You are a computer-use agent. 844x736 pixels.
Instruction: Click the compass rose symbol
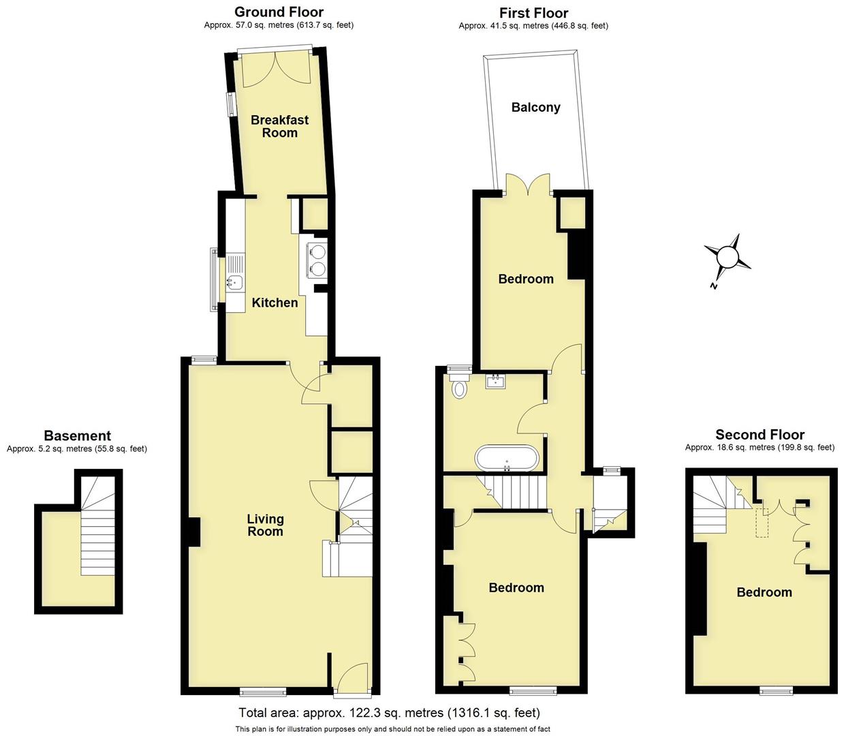click(x=728, y=258)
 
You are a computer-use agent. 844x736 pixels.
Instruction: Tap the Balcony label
click(x=535, y=107)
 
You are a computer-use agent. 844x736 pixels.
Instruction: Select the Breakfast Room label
click(x=279, y=126)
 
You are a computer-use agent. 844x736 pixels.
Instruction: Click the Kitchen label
click(x=275, y=303)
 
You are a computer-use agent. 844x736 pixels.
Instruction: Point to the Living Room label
click(x=265, y=525)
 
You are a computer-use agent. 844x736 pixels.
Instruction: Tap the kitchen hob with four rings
click(x=317, y=259)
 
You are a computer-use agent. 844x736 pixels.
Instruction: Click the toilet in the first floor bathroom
click(x=460, y=388)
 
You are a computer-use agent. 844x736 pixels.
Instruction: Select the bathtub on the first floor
click(x=507, y=457)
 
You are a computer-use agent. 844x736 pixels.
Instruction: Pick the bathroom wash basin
click(x=495, y=380)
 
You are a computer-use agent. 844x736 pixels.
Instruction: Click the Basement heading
click(x=77, y=435)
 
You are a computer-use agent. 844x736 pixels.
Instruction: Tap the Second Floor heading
click(x=760, y=434)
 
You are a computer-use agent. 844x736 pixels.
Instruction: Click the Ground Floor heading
click(x=279, y=12)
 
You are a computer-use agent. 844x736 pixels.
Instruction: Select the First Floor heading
click(x=533, y=13)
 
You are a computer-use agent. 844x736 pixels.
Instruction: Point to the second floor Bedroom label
click(x=764, y=592)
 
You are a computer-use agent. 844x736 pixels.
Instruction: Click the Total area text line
click(x=389, y=713)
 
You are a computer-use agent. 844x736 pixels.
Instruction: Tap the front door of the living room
click(x=353, y=679)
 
